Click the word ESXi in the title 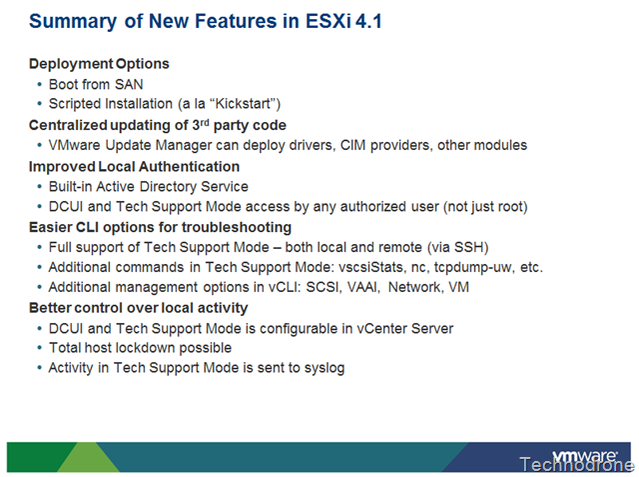point(327,21)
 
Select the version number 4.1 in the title point(368,21)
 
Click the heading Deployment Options point(99,64)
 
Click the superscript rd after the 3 point(204,122)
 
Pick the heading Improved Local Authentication point(134,166)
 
